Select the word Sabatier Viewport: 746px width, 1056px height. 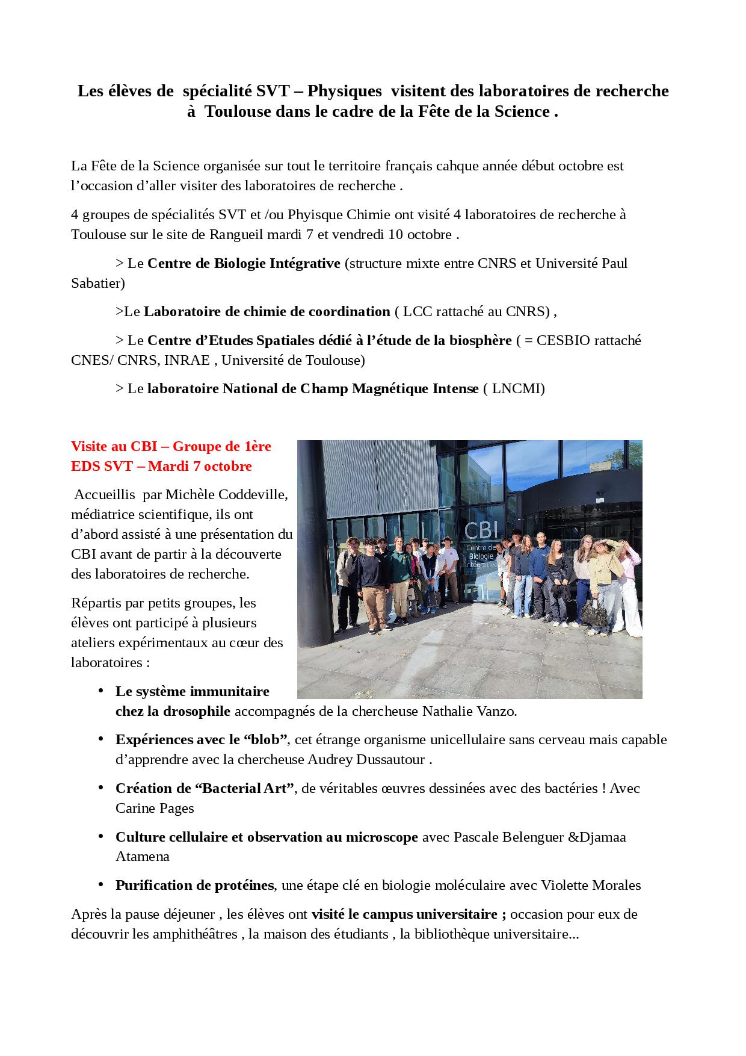tap(97, 283)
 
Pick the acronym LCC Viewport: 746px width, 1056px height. tap(418, 312)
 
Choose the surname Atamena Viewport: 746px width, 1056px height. tap(143, 857)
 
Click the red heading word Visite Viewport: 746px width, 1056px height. tap(91, 447)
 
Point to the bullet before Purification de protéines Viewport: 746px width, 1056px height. tap(101, 885)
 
